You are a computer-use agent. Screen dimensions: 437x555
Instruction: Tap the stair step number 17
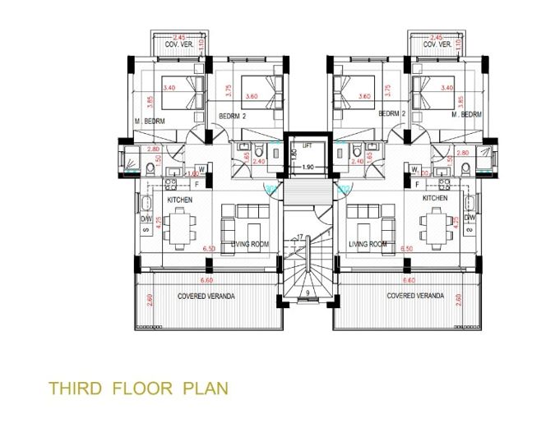pyautogui.click(x=300, y=237)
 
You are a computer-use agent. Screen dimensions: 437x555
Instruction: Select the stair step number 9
pyautogui.click(x=306, y=291)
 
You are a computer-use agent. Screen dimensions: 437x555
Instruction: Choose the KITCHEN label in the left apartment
pyautogui.click(x=180, y=200)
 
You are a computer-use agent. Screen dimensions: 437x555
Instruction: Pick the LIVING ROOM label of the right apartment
pyautogui.click(x=367, y=244)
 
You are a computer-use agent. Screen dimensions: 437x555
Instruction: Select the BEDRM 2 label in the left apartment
pyautogui.click(x=232, y=117)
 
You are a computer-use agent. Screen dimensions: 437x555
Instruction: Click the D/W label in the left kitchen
pyautogui.click(x=145, y=220)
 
